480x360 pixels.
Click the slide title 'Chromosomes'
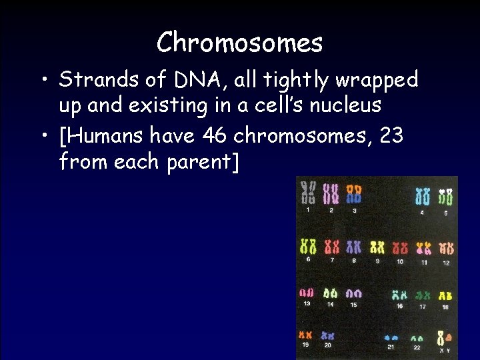(x=239, y=43)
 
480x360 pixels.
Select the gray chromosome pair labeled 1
(x=308, y=194)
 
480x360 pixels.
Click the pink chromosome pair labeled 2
(x=331, y=194)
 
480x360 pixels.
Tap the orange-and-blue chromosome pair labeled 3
(x=353, y=194)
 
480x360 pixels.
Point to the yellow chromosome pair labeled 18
(x=445, y=295)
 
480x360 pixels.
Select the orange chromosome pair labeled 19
(x=306, y=335)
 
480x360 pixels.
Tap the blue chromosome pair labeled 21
(x=391, y=338)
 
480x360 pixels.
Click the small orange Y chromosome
(x=449, y=338)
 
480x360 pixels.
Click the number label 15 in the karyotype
(x=353, y=305)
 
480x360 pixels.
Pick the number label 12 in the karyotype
(x=446, y=263)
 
